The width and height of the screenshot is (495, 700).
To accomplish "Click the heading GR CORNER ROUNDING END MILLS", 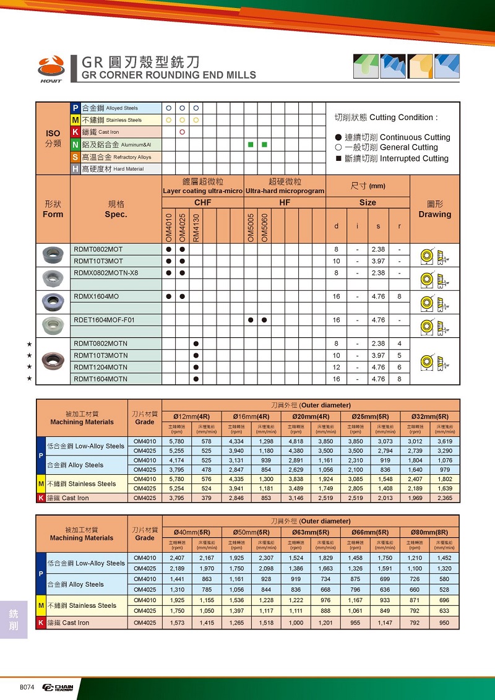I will [x=169, y=76].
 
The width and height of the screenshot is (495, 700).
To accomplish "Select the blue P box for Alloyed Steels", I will [x=75, y=108].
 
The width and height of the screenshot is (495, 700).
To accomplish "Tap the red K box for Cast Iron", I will [x=75, y=132].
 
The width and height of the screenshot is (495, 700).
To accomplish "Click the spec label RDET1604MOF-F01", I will [x=104, y=320].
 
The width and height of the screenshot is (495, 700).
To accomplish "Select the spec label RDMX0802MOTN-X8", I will [x=106, y=272].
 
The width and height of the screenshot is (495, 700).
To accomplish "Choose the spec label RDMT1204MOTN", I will [x=100, y=367].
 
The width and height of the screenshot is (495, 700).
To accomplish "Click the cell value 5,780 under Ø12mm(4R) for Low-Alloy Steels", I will [x=177, y=441].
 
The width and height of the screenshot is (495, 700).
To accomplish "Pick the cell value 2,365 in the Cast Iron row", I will [x=444, y=498].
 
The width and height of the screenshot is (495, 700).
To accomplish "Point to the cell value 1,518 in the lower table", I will [x=266, y=623].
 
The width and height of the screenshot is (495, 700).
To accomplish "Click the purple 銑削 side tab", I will [x=14, y=620].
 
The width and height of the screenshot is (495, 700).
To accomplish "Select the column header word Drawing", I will [x=434, y=215].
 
